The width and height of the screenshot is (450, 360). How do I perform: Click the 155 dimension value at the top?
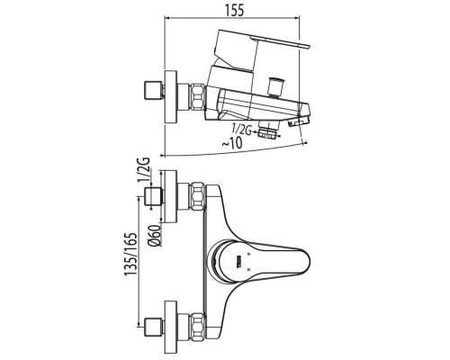(x=234, y=11)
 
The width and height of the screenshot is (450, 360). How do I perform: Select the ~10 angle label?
(x=232, y=143)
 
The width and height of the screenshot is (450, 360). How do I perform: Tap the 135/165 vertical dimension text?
(x=131, y=253)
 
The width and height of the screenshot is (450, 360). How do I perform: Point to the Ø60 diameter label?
(x=155, y=236)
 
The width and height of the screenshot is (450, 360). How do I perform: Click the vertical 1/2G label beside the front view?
(x=144, y=169)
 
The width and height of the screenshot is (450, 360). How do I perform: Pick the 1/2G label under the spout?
(x=241, y=130)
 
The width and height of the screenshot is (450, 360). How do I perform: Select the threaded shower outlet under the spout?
(x=268, y=132)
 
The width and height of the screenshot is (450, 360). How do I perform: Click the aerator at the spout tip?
(x=299, y=121)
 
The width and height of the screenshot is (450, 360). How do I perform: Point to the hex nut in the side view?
(x=197, y=96)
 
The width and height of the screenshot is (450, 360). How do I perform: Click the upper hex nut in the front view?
(x=197, y=196)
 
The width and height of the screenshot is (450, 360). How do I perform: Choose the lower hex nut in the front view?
(x=197, y=327)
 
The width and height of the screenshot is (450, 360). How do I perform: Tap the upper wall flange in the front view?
(x=171, y=197)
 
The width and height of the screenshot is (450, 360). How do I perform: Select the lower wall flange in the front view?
(x=171, y=327)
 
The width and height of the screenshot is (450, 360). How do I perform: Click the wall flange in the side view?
(x=171, y=96)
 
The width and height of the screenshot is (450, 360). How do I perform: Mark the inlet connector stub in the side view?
(x=154, y=89)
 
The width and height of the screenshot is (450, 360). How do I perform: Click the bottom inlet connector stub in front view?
(x=154, y=327)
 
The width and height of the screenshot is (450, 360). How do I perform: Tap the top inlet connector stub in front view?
(x=154, y=197)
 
